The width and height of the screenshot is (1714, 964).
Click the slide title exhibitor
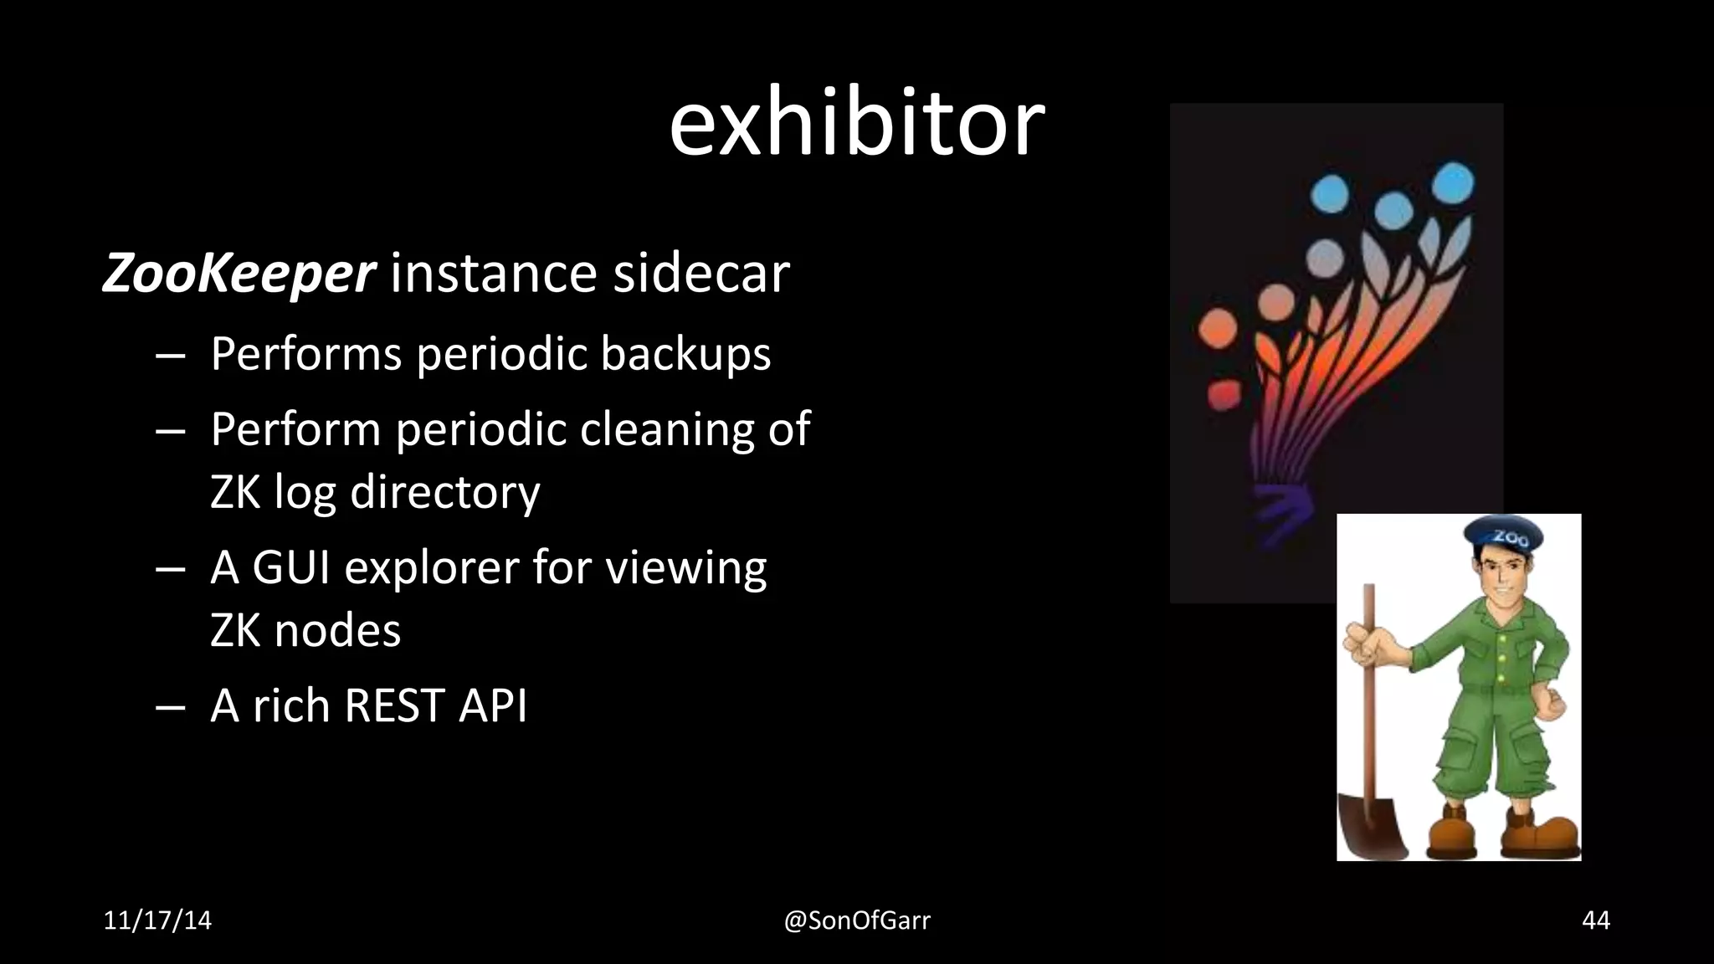point(856,125)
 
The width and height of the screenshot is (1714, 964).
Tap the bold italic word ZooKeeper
point(239,273)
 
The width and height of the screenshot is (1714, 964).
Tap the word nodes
point(337,630)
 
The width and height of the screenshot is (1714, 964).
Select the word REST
point(394,705)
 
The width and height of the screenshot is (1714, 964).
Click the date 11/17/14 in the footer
point(157,920)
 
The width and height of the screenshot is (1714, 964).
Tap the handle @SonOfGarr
point(856,920)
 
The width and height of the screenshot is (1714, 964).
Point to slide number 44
point(1595,920)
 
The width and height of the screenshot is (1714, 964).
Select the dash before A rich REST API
point(170,706)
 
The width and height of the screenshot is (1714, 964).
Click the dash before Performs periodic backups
point(170,354)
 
